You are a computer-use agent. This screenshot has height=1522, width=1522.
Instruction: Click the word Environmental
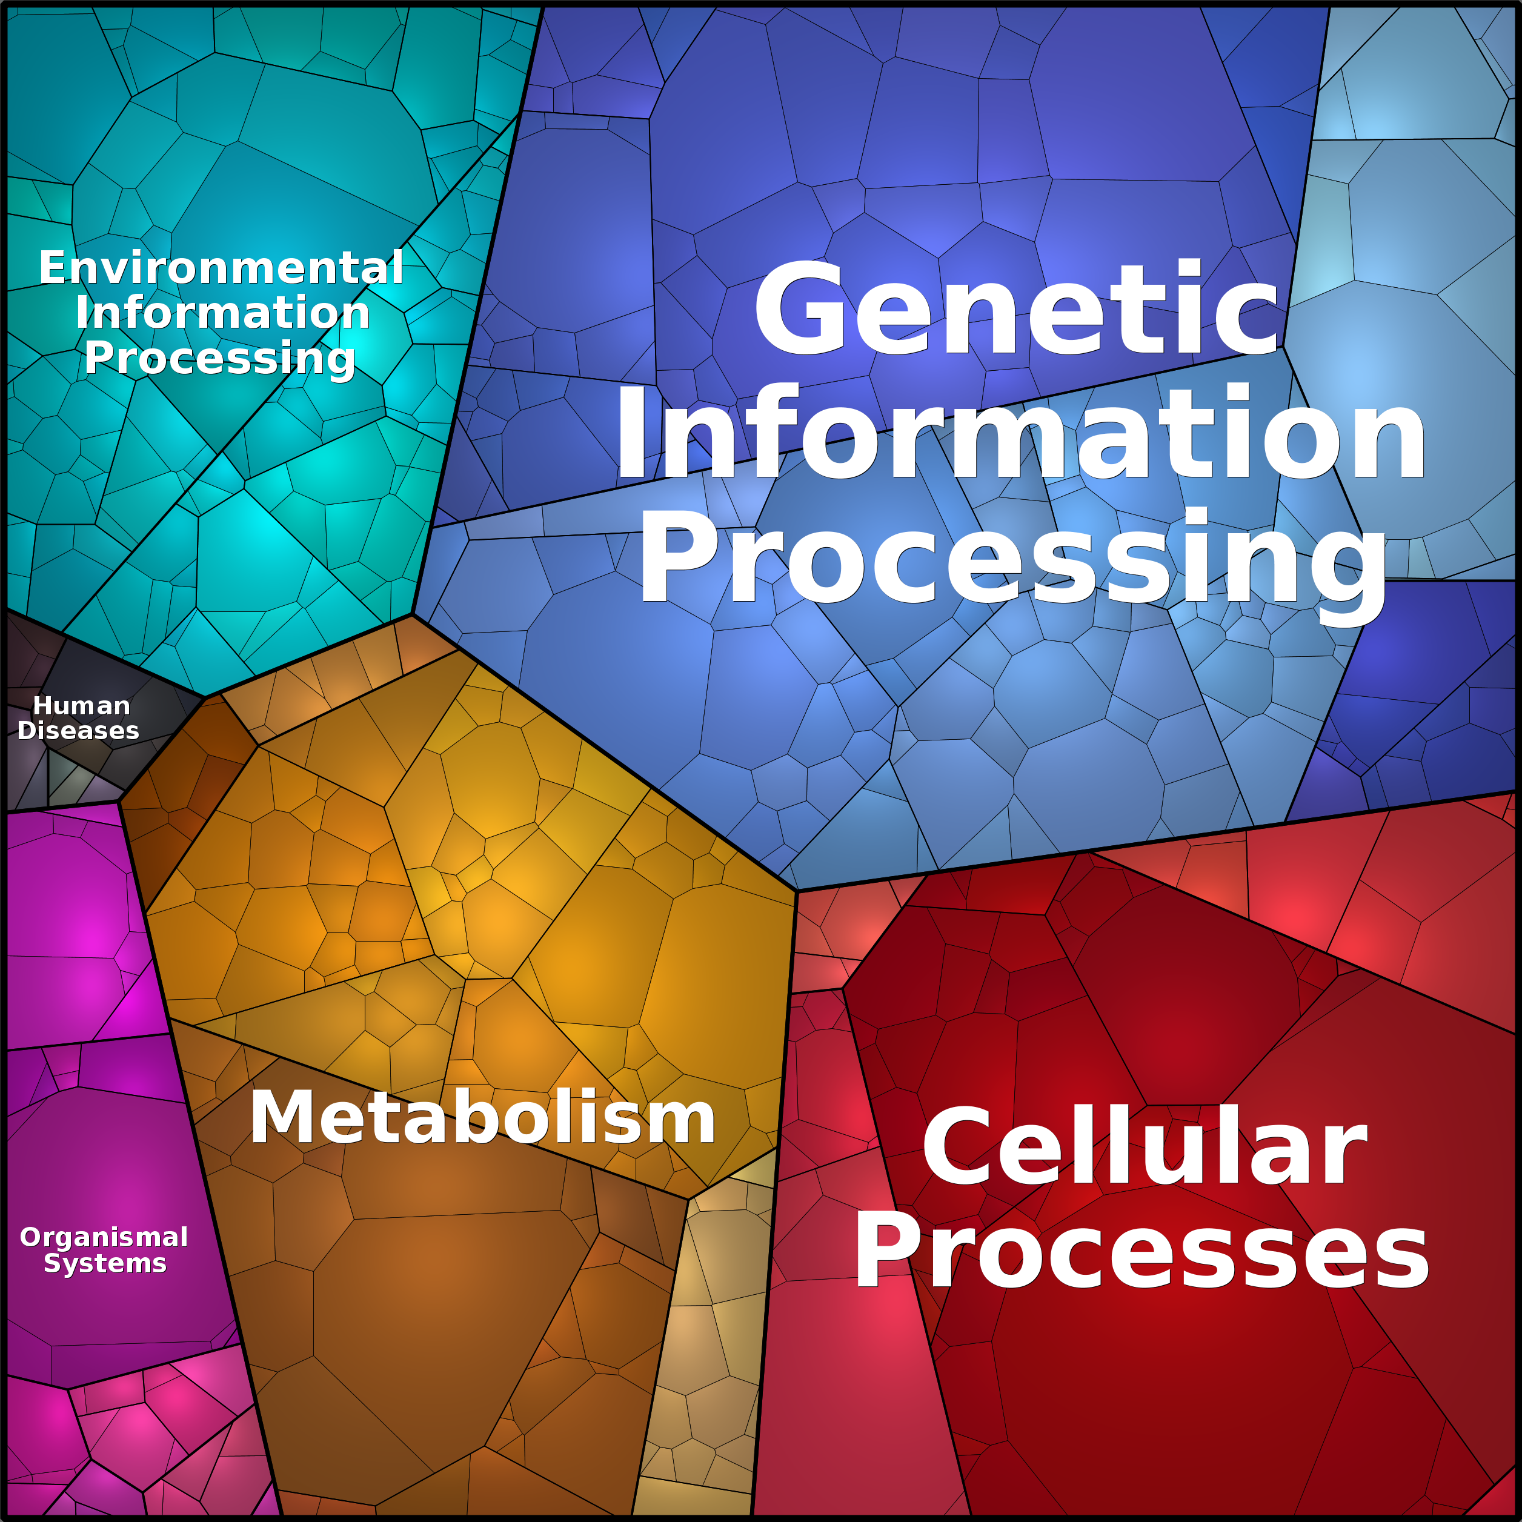coord(221,268)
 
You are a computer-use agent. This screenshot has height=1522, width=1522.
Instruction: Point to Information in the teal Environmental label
coord(223,313)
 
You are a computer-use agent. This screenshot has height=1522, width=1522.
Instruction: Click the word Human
coord(81,706)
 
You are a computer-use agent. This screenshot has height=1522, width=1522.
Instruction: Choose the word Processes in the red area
coord(1141,1252)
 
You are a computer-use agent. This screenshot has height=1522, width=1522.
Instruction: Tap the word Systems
coord(105,1264)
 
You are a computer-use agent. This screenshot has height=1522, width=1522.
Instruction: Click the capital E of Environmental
coord(52,268)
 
